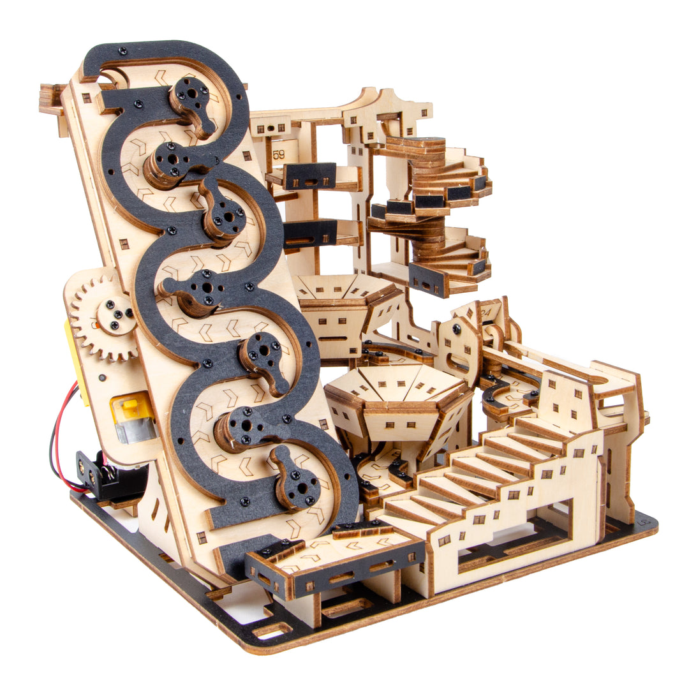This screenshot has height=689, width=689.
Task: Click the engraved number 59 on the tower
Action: click(x=279, y=154)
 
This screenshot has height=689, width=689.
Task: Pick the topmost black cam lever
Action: click(x=191, y=102)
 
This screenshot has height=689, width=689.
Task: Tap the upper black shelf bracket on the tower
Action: click(x=310, y=175)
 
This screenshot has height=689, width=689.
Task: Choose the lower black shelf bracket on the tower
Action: click(x=310, y=232)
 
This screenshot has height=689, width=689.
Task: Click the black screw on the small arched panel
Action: click(x=457, y=329)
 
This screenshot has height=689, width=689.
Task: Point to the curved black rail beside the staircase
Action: click(x=494, y=396)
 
